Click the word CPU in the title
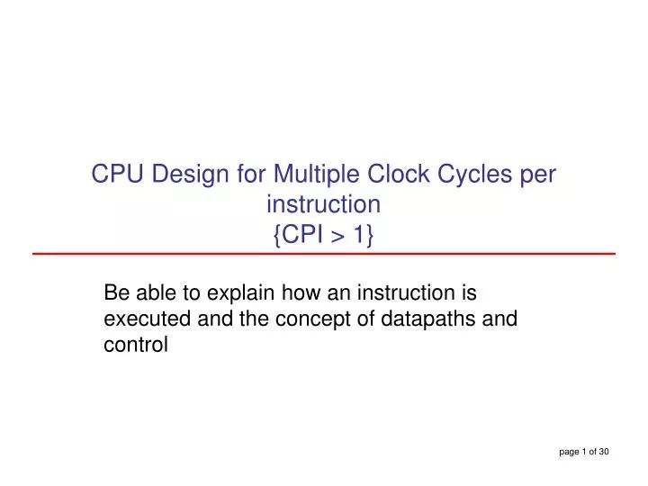(x=118, y=174)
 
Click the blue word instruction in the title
(x=324, y=204)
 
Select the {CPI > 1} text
(x=324, y=235)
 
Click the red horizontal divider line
(x=324, y=255)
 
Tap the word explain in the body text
(x=237, y=293)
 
